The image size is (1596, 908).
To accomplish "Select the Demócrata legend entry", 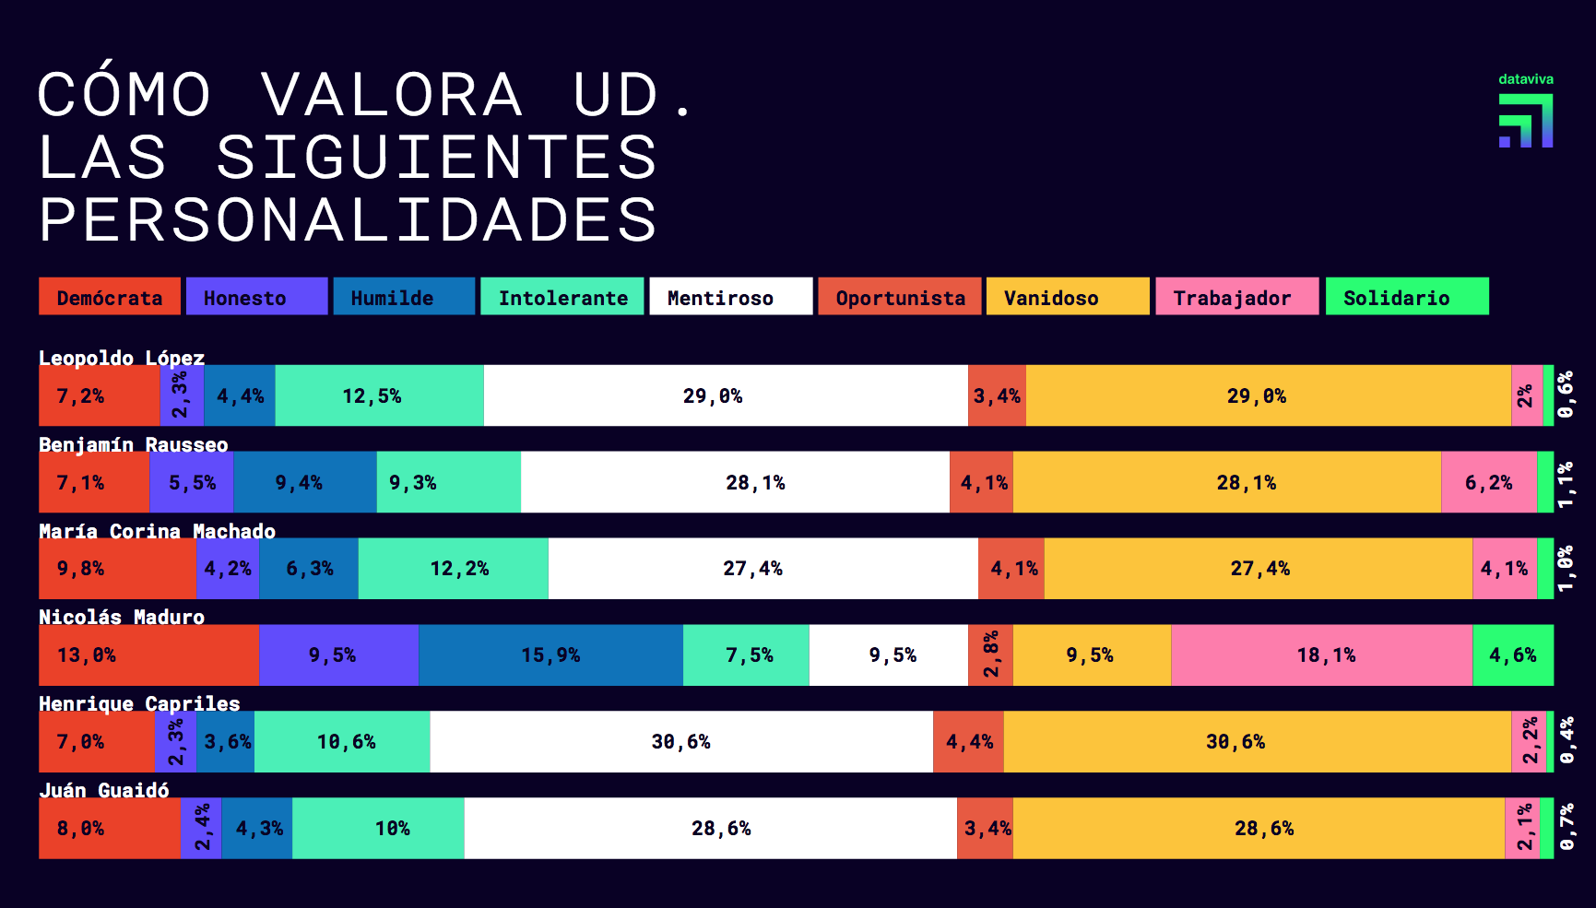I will pyautogui.click(x=110, y=297).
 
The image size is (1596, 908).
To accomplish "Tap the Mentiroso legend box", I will pyautogui.click(x=730, y=297).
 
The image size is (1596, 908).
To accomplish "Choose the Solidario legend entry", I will pyautogui.click(x=1406, y=297).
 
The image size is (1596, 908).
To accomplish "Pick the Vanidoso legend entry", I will pyautogui.click(x=1067, y=297).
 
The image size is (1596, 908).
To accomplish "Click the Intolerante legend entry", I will pyautogui.click(x=562, y=297).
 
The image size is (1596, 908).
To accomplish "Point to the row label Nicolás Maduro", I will pyautogui.click(x=122, y=617).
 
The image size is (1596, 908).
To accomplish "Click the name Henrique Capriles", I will pyautogui.click(x=139, y=703).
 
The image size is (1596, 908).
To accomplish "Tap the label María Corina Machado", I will pyautogui.click(x=157, y=531).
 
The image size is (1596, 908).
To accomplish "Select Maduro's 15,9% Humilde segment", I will pyautogui.click(x=550, y=655).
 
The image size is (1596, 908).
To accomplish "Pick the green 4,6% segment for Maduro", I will pyautogui.click(x=1512, y=655).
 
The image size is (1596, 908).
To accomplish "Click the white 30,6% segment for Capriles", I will pyautogui.click(x=681, y=742).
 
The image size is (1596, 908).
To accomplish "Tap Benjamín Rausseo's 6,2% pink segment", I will pyautogui.click(x=1488, y=482).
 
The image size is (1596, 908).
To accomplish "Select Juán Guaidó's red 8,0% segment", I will pyautogui.click(x=109, y=829).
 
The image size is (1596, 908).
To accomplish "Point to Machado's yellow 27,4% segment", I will pyautogui.click(x=1259, y=569).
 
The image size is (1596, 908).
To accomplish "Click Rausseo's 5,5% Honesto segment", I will pyautogui.click(x=192, y=482).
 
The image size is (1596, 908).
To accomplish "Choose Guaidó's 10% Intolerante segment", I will pyautogui.click(x=378, y=829).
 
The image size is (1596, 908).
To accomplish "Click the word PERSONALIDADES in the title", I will pyautogui.click(x=348, y=220).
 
